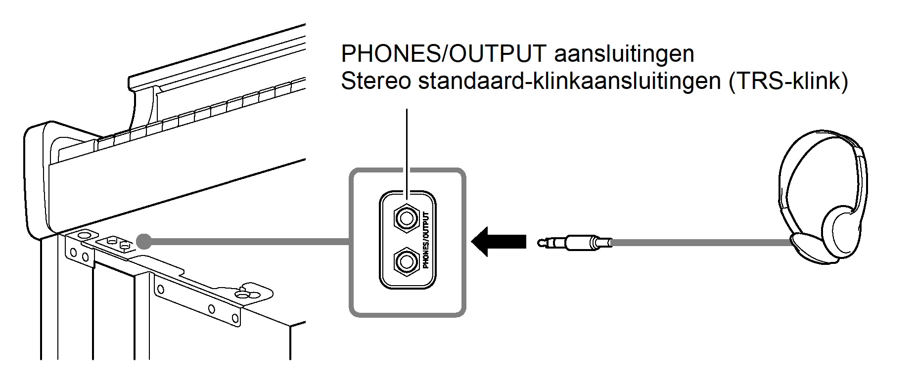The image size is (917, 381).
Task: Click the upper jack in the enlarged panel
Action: coord(406,218)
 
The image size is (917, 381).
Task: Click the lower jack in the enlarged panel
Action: coord(406,261)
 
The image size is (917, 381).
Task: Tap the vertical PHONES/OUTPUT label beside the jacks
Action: coord(426,240)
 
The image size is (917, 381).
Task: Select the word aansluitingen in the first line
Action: coord(624,53)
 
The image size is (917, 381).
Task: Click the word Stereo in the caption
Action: coord(375,81)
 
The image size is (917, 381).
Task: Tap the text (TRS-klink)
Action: coord(788,81)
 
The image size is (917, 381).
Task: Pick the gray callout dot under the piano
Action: coord(144,242)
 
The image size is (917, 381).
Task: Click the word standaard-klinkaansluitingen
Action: coord(569,81)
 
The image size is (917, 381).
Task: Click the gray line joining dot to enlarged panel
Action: coord(247,242)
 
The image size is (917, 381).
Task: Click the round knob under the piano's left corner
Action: coord(84,235)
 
